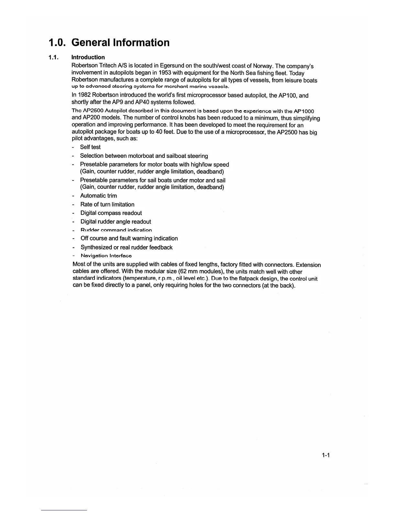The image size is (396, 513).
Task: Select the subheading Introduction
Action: [x=88, y=57]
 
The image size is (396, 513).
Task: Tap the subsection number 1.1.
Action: [x=53, y=58]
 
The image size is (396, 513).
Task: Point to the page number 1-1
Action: [x=325, y=455]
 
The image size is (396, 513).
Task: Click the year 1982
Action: [x=85, y=95]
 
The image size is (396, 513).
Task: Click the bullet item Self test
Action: [x=90, y=147]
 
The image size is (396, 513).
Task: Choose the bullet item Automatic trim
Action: [x=99, y=196]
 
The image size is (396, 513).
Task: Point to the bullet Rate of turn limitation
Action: [x=107, y=204]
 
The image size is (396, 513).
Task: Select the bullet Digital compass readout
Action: [x=111, y=213]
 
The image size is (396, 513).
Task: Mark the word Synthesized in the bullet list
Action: [x=96, y=247]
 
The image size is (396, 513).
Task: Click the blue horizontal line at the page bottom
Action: [x=64, y=510]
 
